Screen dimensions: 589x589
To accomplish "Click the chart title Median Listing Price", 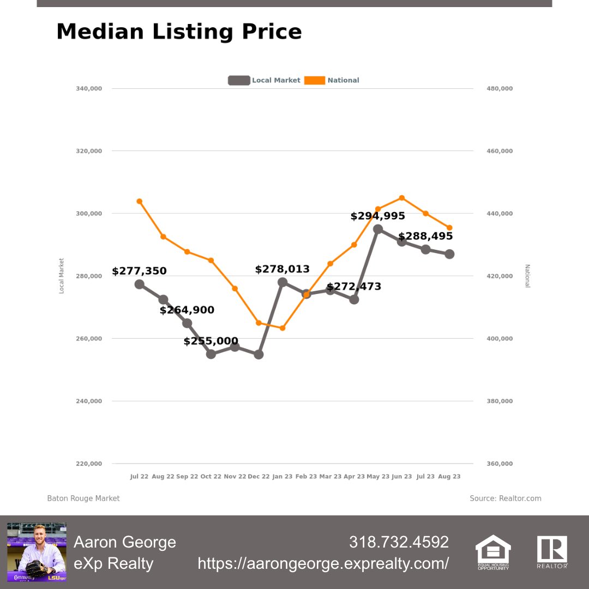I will tap(179, 32).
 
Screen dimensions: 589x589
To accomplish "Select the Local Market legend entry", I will tap(265, 80).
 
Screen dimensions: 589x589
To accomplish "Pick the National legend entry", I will tap(333, 80).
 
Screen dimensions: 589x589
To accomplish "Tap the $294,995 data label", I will tap(377, 217).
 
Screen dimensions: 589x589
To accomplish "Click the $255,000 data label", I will tap(211, 341).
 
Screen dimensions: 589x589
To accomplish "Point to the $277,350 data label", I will tap(139, 271).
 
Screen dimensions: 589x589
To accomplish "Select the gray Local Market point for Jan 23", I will tap(283, 283).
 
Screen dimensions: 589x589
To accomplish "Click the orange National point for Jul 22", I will tap(139, 201).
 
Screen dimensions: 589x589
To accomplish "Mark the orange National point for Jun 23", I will tap(401, 197).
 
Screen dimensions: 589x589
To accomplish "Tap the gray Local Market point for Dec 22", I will tap(259, 354).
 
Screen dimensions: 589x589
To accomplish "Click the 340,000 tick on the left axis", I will tap(89, 88).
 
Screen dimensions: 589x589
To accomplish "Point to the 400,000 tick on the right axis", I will tap(499, 339).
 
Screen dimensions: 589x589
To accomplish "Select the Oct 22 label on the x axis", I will tap(211, 477).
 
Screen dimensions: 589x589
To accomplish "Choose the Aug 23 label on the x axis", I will tap(449, 477).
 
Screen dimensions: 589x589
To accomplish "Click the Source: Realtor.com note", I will tap(506, 498).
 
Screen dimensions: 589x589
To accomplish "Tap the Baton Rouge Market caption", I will tap(83, 498).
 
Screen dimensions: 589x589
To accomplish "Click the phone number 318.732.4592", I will tap(399, 542).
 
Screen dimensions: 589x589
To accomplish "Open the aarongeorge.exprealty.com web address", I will tap(323, 563).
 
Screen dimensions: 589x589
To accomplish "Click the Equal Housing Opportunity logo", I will tap(493, 552).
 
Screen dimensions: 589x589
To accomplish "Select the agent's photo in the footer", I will tap(37, 552).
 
